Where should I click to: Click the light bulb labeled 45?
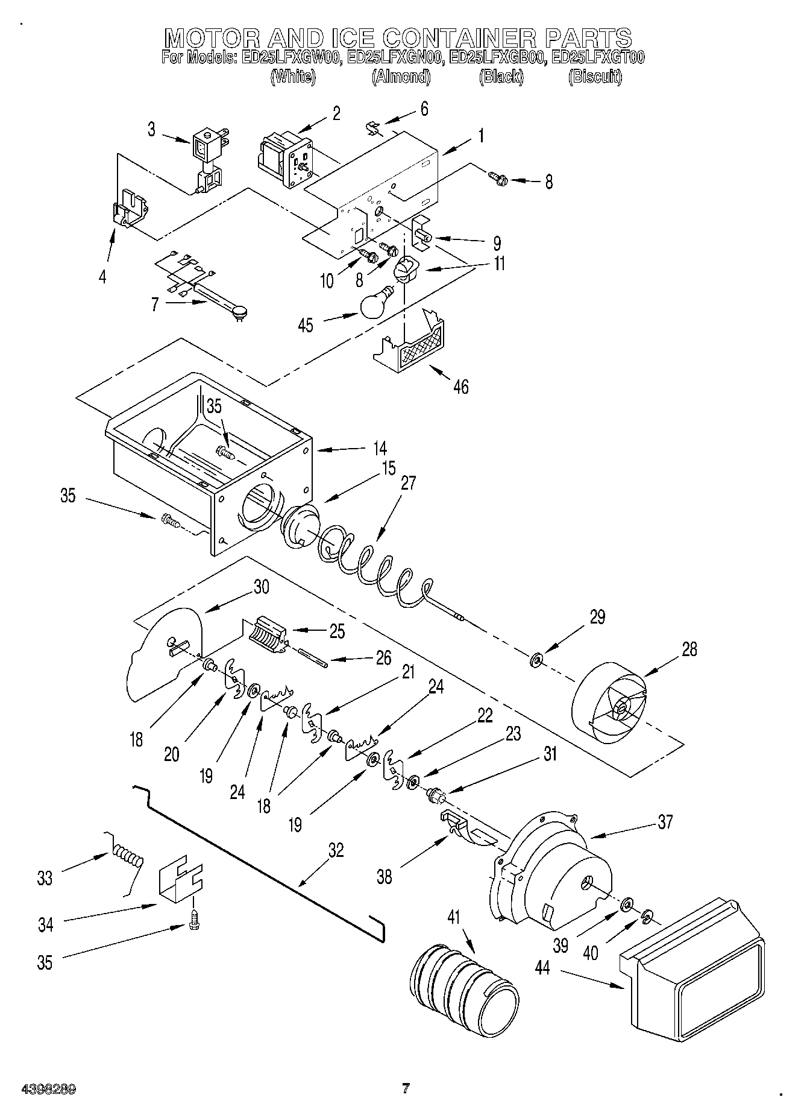tap(375, 303)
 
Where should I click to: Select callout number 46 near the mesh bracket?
tap(460, 386)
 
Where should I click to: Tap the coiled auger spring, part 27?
tap(374, 564)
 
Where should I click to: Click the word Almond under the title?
tap(401, 77)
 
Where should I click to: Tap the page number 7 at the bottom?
tap(406, 1089)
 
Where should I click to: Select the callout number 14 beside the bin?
tap(379, 449)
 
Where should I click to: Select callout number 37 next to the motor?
tap(665, 822)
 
